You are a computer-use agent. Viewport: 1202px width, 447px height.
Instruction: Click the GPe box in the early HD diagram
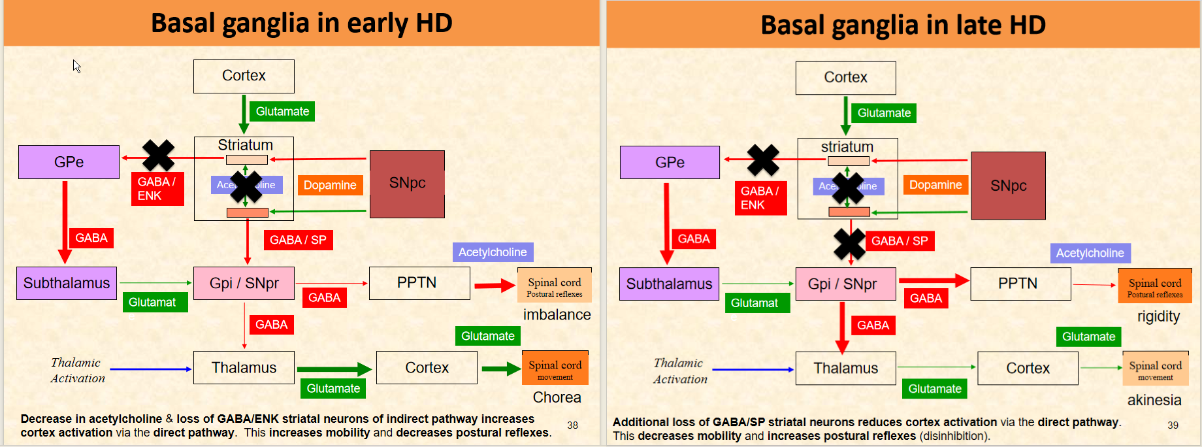[69, 162]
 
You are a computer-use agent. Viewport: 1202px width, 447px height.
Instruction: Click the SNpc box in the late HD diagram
[1008, 186]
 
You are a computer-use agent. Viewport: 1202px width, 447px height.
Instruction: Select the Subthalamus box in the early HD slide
[67, 283]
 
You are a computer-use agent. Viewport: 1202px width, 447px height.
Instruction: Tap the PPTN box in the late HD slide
[1017, 284]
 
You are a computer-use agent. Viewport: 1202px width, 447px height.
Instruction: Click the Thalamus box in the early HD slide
[244, 368]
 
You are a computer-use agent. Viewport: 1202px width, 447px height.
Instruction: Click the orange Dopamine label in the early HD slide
[330, 185]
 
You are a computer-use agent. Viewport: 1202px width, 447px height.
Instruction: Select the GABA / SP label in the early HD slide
[298, 240]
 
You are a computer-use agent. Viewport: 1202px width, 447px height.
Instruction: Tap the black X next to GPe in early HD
[158, 156]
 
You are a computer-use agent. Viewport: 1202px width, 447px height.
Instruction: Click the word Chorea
[557, 397]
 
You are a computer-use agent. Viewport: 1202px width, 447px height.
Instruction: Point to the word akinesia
[1154, 400]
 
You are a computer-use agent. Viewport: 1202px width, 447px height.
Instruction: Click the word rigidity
[1158, 316]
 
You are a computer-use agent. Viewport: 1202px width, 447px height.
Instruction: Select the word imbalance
[557, 315]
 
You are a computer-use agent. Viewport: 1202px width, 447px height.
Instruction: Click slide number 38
[572, 425]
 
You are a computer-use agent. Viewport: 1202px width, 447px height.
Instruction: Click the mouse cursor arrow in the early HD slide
[76, 66]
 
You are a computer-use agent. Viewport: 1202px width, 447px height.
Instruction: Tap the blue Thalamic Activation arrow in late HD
[751, 370]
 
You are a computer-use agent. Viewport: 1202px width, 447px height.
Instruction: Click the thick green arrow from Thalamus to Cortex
[334, 369]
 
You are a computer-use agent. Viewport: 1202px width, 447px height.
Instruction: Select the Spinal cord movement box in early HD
[555, 368]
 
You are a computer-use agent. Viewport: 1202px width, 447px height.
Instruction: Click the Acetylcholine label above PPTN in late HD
[1090, 253]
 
